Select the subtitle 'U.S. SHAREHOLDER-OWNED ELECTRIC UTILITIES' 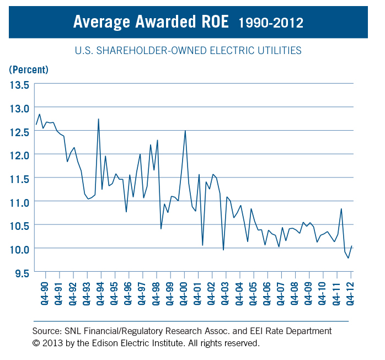[188, 51]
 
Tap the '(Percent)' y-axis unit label [29, 69]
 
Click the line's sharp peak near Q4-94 [98, 119]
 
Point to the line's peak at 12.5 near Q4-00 [185, 131]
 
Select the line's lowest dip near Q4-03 [223, 250]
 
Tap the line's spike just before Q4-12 [341, 209]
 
